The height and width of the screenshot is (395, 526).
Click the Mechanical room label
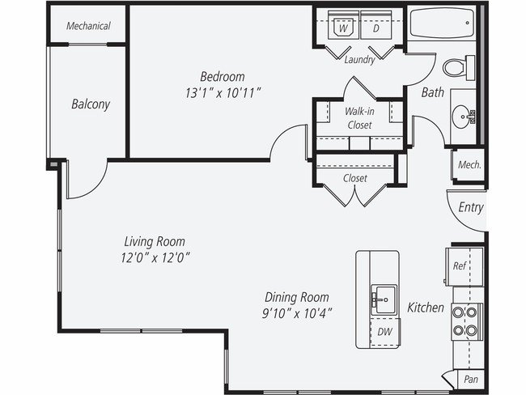coord(88,26)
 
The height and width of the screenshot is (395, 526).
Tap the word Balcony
coord(91,104)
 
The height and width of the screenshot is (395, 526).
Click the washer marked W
coord(343,28)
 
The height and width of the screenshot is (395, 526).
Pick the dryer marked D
coord(376,28)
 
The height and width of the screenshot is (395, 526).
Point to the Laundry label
coord(359,60)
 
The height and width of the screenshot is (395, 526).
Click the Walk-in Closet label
coord(358,118)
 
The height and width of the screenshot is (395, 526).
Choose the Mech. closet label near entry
coord(469,164)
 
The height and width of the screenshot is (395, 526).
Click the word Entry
coord(470,207)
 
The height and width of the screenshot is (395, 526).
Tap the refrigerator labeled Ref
coord(459,265)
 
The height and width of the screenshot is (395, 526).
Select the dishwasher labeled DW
coord(384,331)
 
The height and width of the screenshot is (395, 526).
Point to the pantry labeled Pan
coord(469,379)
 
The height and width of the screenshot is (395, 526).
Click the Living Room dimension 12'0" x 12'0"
coord(154,257)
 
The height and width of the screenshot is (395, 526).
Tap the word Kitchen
coord(425,308)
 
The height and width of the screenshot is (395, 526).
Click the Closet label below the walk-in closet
coord(354,178)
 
